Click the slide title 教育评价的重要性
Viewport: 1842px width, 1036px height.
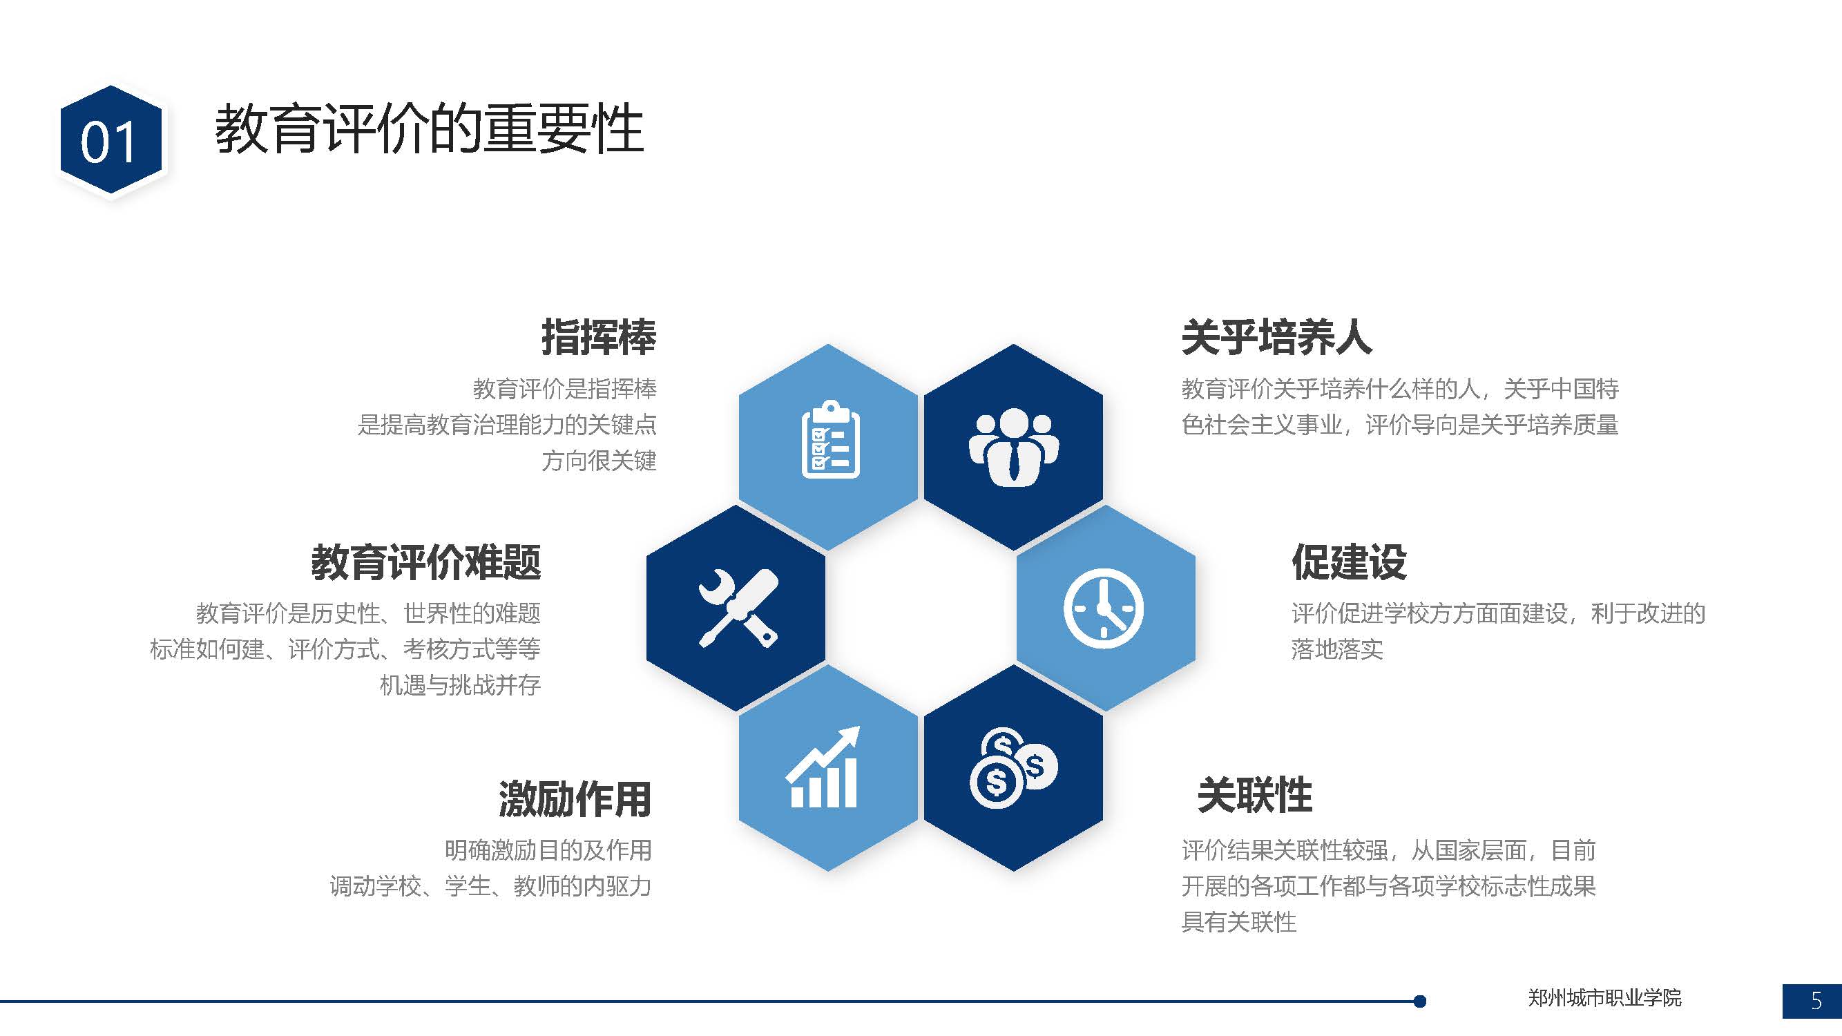[x=429, y=129]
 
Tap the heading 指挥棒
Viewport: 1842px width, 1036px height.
[x=599, y=337]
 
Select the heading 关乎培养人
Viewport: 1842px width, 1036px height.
[x=1276, y=337]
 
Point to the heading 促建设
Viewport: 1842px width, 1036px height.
[x=1349, y=562]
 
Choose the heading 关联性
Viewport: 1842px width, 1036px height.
[x=1255, y=795]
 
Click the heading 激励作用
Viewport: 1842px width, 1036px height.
[x=575, y=798]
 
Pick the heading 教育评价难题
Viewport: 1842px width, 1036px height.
[x=426, y=562]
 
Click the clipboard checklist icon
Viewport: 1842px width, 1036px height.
[x=830, y=439]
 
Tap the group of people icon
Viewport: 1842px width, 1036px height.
[x=1014, y=447]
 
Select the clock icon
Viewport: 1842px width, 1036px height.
[x=1104, y=608]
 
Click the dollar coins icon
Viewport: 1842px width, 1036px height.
[x=1013, y=769]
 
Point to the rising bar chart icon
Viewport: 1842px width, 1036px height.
[x=823, y=767]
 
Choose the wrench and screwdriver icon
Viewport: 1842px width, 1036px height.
[x=738, y=608]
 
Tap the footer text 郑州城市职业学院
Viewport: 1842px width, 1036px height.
[x=1604, y=997]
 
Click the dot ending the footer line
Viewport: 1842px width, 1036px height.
[x=1420, y=1001]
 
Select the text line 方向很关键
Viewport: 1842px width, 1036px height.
[x=599, y=461]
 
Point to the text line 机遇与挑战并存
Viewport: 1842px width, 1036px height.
[x=460, y=685]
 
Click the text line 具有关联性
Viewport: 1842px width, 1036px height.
[x=1238, y=922]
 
